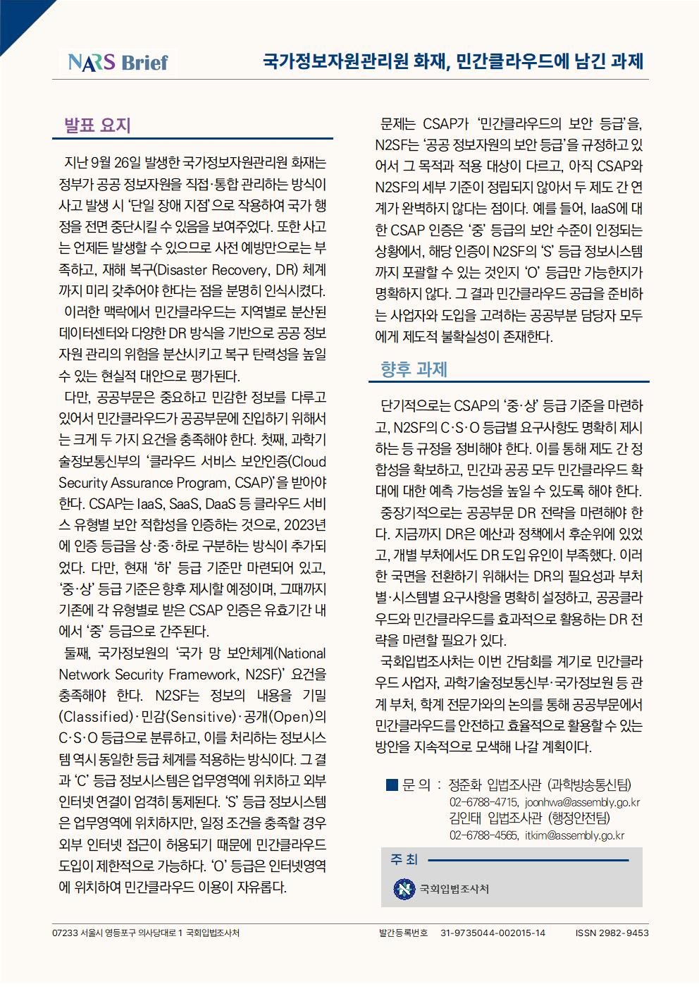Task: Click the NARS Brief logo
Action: coord(118,62)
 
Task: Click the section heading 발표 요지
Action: coord(97,125)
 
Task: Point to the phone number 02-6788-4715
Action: coord(483,802)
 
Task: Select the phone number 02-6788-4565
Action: coord(483,835)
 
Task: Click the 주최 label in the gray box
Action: coord(404,859)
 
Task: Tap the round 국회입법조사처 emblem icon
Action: coord(404,889)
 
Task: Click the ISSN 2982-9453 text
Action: coord(612,933)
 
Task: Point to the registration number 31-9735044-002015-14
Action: coord(493,933)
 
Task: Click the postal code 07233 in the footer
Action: coord(65,933)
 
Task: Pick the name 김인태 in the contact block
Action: coord(465,818)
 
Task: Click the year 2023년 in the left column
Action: coord(304,525)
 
